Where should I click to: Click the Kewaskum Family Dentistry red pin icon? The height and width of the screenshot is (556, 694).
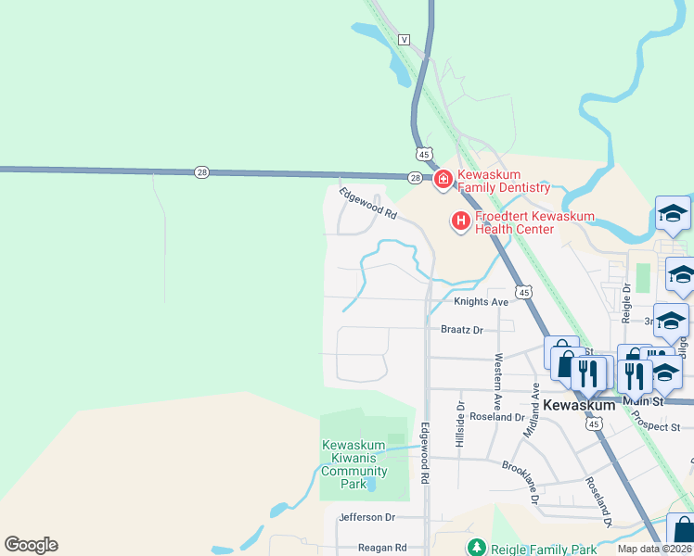coord(443,179)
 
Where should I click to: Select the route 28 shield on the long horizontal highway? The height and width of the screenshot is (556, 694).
coord(202,171)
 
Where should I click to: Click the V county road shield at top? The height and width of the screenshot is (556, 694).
coord(404,40)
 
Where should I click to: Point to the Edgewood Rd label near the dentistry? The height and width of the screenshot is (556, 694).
coord(367,204)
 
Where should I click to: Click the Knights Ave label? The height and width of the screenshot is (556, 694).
coord(481,302)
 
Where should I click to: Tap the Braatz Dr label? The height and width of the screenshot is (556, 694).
coord(462,329)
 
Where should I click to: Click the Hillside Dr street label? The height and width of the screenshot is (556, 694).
coord(459,424)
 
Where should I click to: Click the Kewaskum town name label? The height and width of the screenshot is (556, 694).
coord(579,406)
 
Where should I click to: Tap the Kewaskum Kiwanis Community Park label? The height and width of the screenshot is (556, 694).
coord(354,464)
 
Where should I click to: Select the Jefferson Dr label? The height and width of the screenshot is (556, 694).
coord(367,517)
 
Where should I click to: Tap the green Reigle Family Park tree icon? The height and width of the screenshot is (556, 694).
coord(476,548)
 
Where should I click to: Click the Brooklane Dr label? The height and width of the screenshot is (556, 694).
coord(531,476)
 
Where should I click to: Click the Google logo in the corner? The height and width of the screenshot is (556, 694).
coord(31,545)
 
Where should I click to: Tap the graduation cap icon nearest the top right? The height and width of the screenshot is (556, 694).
coord(673,214)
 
